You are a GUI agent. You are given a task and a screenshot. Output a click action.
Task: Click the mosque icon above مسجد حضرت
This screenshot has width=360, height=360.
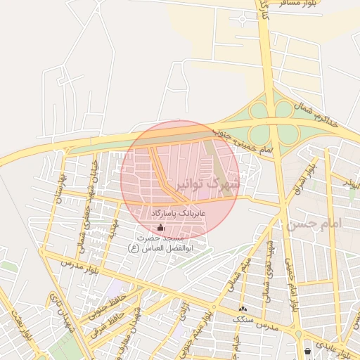click(161, 227)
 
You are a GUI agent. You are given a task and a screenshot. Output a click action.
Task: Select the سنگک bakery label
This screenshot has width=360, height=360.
click(243, 318)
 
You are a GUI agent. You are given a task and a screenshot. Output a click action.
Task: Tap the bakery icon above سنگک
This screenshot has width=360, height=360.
click(243, 309)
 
